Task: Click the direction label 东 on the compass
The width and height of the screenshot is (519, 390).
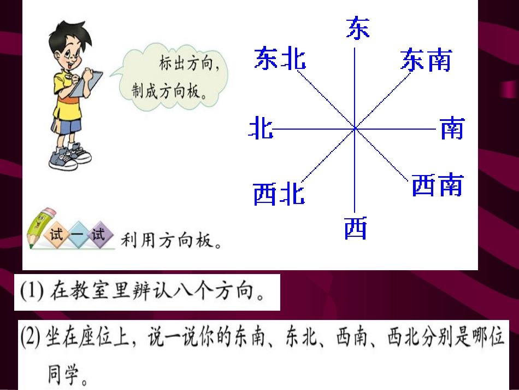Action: click(x=358, y=28)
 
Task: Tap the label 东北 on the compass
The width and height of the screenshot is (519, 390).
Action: click(x=279, y=59)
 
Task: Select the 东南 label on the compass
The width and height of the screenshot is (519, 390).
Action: click(x=426, y=60)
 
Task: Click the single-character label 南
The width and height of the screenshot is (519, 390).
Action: click(x=452, y=129)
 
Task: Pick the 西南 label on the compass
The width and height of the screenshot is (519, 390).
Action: click(x=437, y=185)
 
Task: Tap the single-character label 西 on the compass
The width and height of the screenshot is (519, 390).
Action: click(x=356, y=228)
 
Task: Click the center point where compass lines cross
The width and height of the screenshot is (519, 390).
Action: click(x=355, y=129)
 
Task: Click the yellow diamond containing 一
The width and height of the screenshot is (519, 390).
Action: click(x=77, y=235)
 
